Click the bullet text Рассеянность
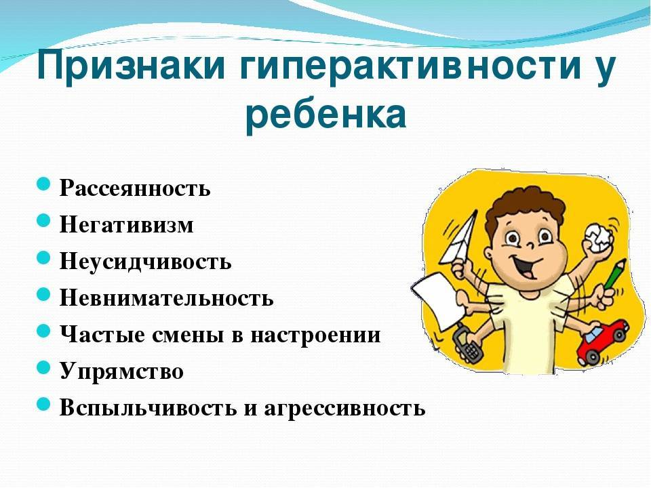coord(136,188)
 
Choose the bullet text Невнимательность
coord(167,298)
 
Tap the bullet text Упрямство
coord(121,371)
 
